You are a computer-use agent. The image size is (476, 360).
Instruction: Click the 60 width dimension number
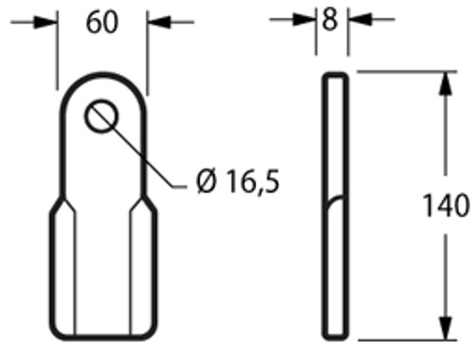[102, 22]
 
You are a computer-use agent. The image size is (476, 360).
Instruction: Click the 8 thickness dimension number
[330, 20]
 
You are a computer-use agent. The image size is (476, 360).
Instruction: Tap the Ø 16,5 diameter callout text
[238, 180]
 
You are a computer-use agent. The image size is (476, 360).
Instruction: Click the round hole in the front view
[101, 117]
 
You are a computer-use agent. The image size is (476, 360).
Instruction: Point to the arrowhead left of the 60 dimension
[47, 22]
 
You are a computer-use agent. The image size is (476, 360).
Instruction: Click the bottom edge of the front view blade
[102, 336]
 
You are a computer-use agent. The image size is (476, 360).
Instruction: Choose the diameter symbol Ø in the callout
[206, 180]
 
